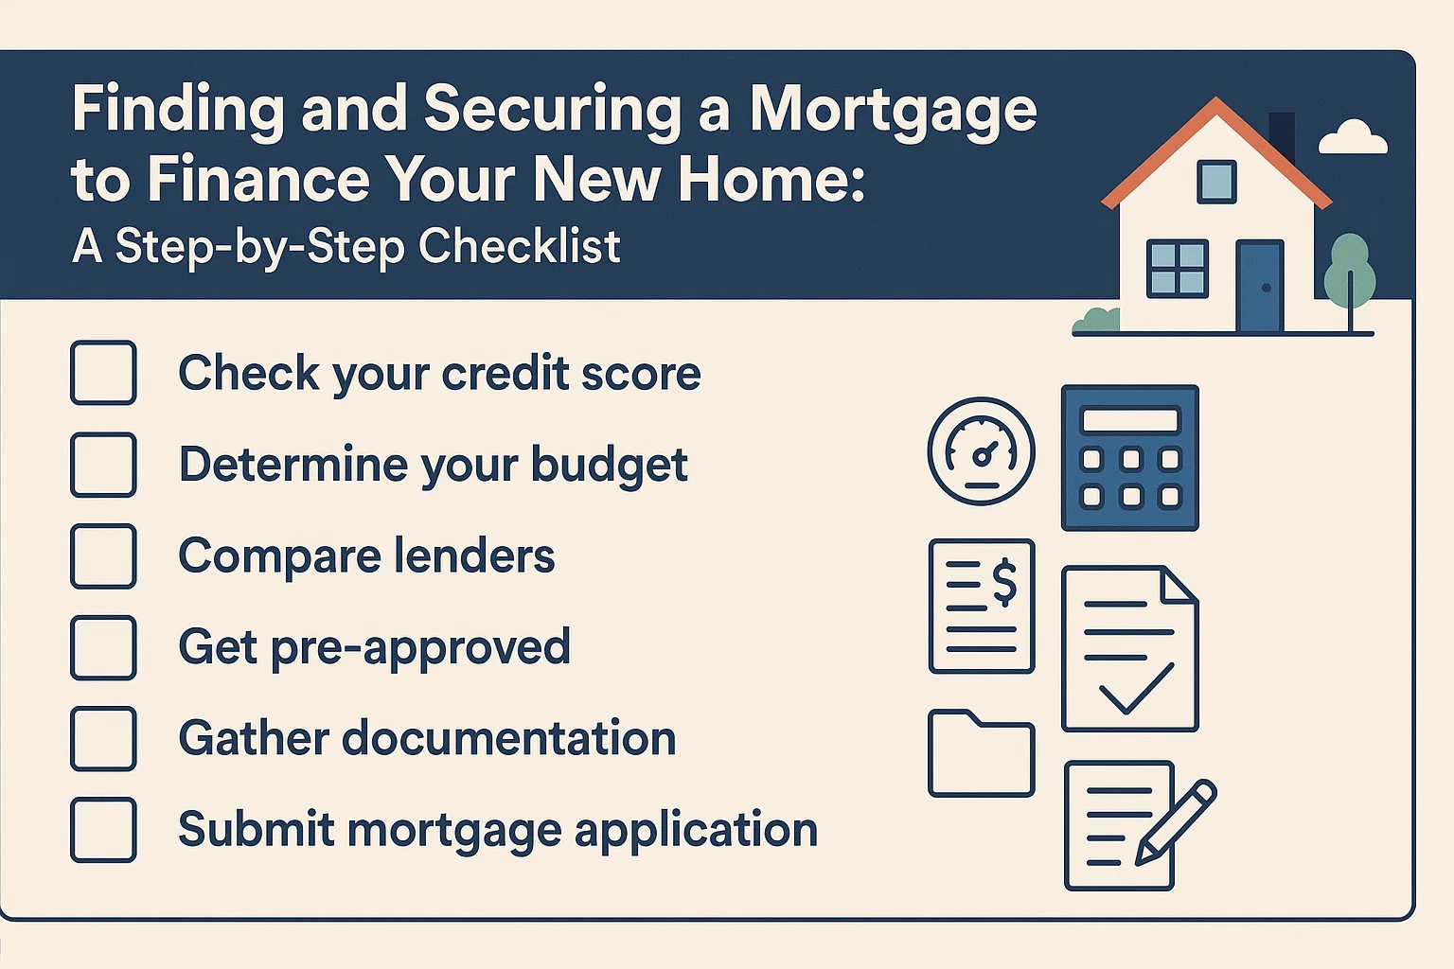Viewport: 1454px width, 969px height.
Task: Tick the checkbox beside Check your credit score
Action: [x=103, y=373]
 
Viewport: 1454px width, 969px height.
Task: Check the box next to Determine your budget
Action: [x=103, y=465]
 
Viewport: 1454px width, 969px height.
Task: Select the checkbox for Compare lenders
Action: [x=103, y=556]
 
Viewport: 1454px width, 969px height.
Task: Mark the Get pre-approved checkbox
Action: [x=103, y=647]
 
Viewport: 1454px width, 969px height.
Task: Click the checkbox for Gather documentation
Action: [x=103, y=738]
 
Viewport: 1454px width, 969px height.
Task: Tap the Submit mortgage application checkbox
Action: [x=103, y=830]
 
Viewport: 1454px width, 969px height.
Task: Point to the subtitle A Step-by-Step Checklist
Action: [x=346, y=247]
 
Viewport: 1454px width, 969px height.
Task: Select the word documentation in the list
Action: [x=509, y=738]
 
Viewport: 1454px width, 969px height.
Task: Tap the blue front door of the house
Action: [x=1260, y=286]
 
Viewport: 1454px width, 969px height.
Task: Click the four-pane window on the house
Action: [x=1177, y=269]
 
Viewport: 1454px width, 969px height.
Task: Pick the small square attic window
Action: [x=1216, y=182]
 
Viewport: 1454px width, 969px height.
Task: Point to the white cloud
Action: [x=1354, y=138]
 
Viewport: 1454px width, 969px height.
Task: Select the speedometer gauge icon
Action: [x=981, y=451]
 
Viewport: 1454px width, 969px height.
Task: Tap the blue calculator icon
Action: [x=1130, y=458]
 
